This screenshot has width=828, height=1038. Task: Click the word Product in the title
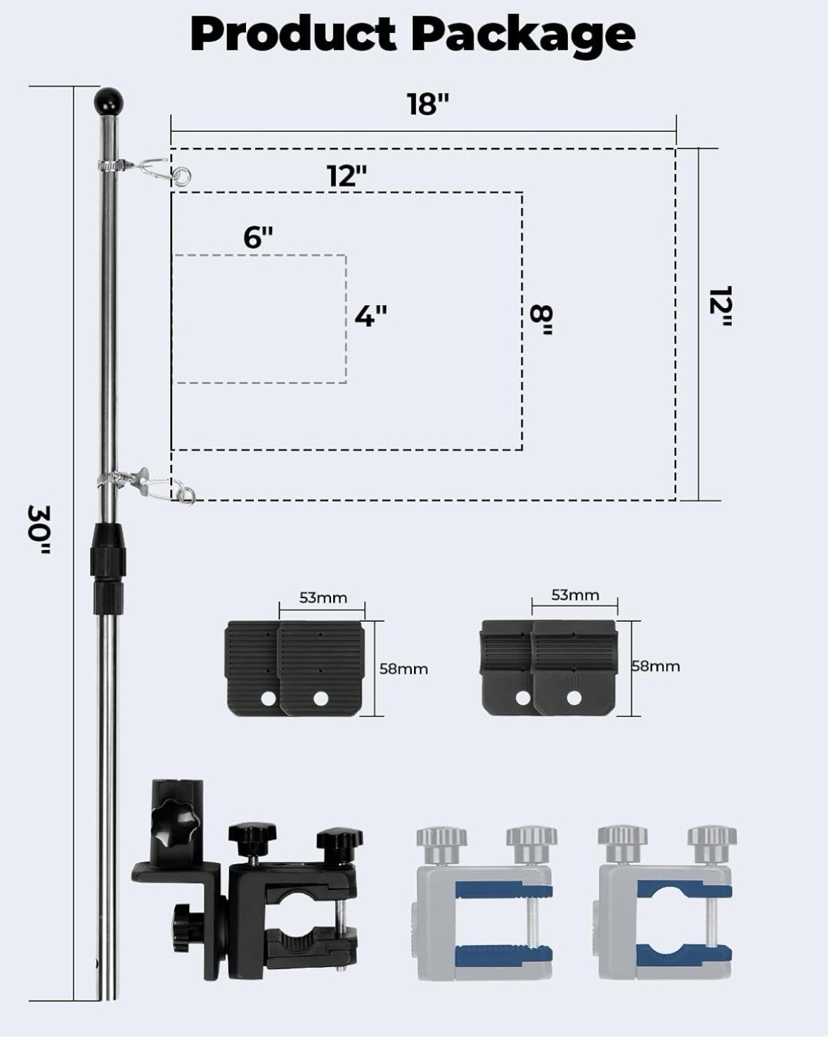pyautogui.click(x=293, y=34)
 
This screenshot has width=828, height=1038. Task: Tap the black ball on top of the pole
pyautogui.click(x=108, y=101)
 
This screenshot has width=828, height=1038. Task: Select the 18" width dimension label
pyautogui.click(x=428, y=103)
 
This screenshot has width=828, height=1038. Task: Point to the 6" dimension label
pyautogui.click(x=258, y=237)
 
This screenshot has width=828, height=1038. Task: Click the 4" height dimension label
pyautogui.click(x=371, y=316)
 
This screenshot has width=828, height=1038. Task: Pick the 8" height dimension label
pyautogui.click(x=541, y=320)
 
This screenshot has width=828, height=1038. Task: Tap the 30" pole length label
pyautogui.click(x=39, y=529)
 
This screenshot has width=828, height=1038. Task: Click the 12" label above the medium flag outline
pyautogui.click(x=347, y=176)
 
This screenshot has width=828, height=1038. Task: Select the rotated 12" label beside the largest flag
pyautogui.click(x=720, y=307)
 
